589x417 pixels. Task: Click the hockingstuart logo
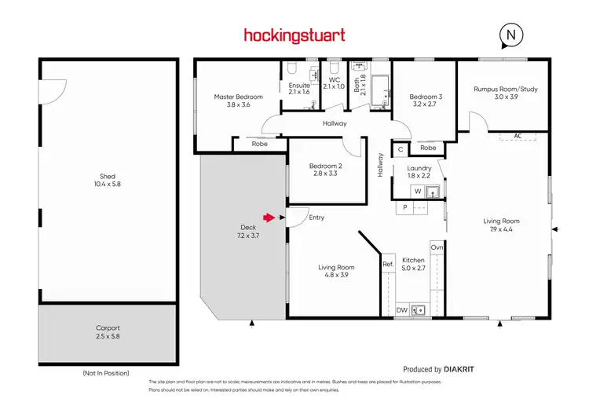coord(294,35)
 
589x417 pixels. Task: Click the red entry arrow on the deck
coord(269,218)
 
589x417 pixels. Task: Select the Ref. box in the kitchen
coord(388,265)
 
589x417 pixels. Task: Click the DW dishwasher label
coord(401,310)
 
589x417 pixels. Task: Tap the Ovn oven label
coord(437,248)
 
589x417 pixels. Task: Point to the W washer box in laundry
coord(418,191)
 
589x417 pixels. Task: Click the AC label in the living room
coord(518,136)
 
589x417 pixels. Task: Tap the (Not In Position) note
coord(105,372)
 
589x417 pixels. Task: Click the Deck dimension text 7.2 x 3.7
coord(248,235)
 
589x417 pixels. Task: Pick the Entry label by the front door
coord(316,218)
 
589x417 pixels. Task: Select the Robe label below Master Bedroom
coord(259,144)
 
